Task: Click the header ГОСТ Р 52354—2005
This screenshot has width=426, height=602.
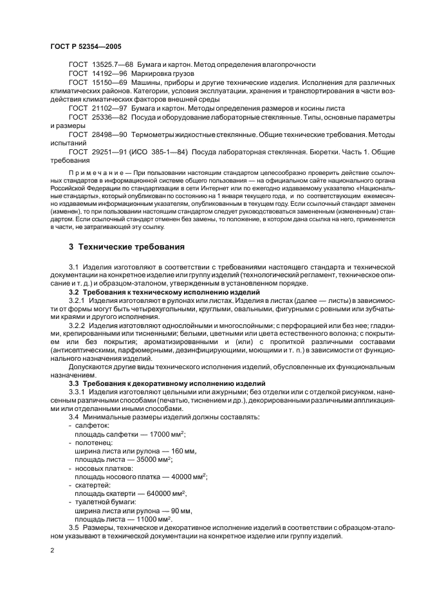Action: point(85,47)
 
